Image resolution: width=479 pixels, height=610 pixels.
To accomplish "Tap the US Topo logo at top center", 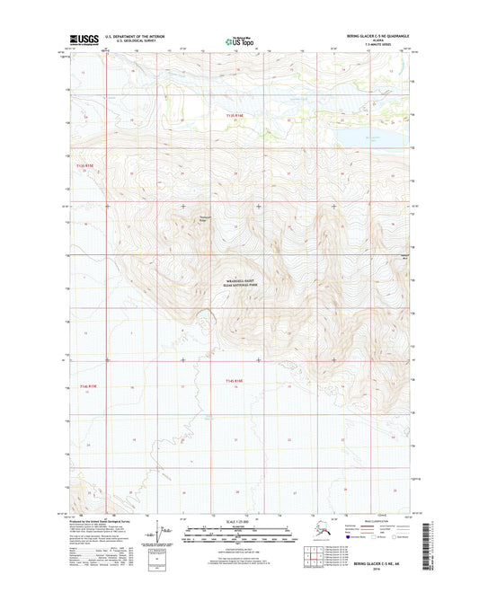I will click(x=238, y=40).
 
